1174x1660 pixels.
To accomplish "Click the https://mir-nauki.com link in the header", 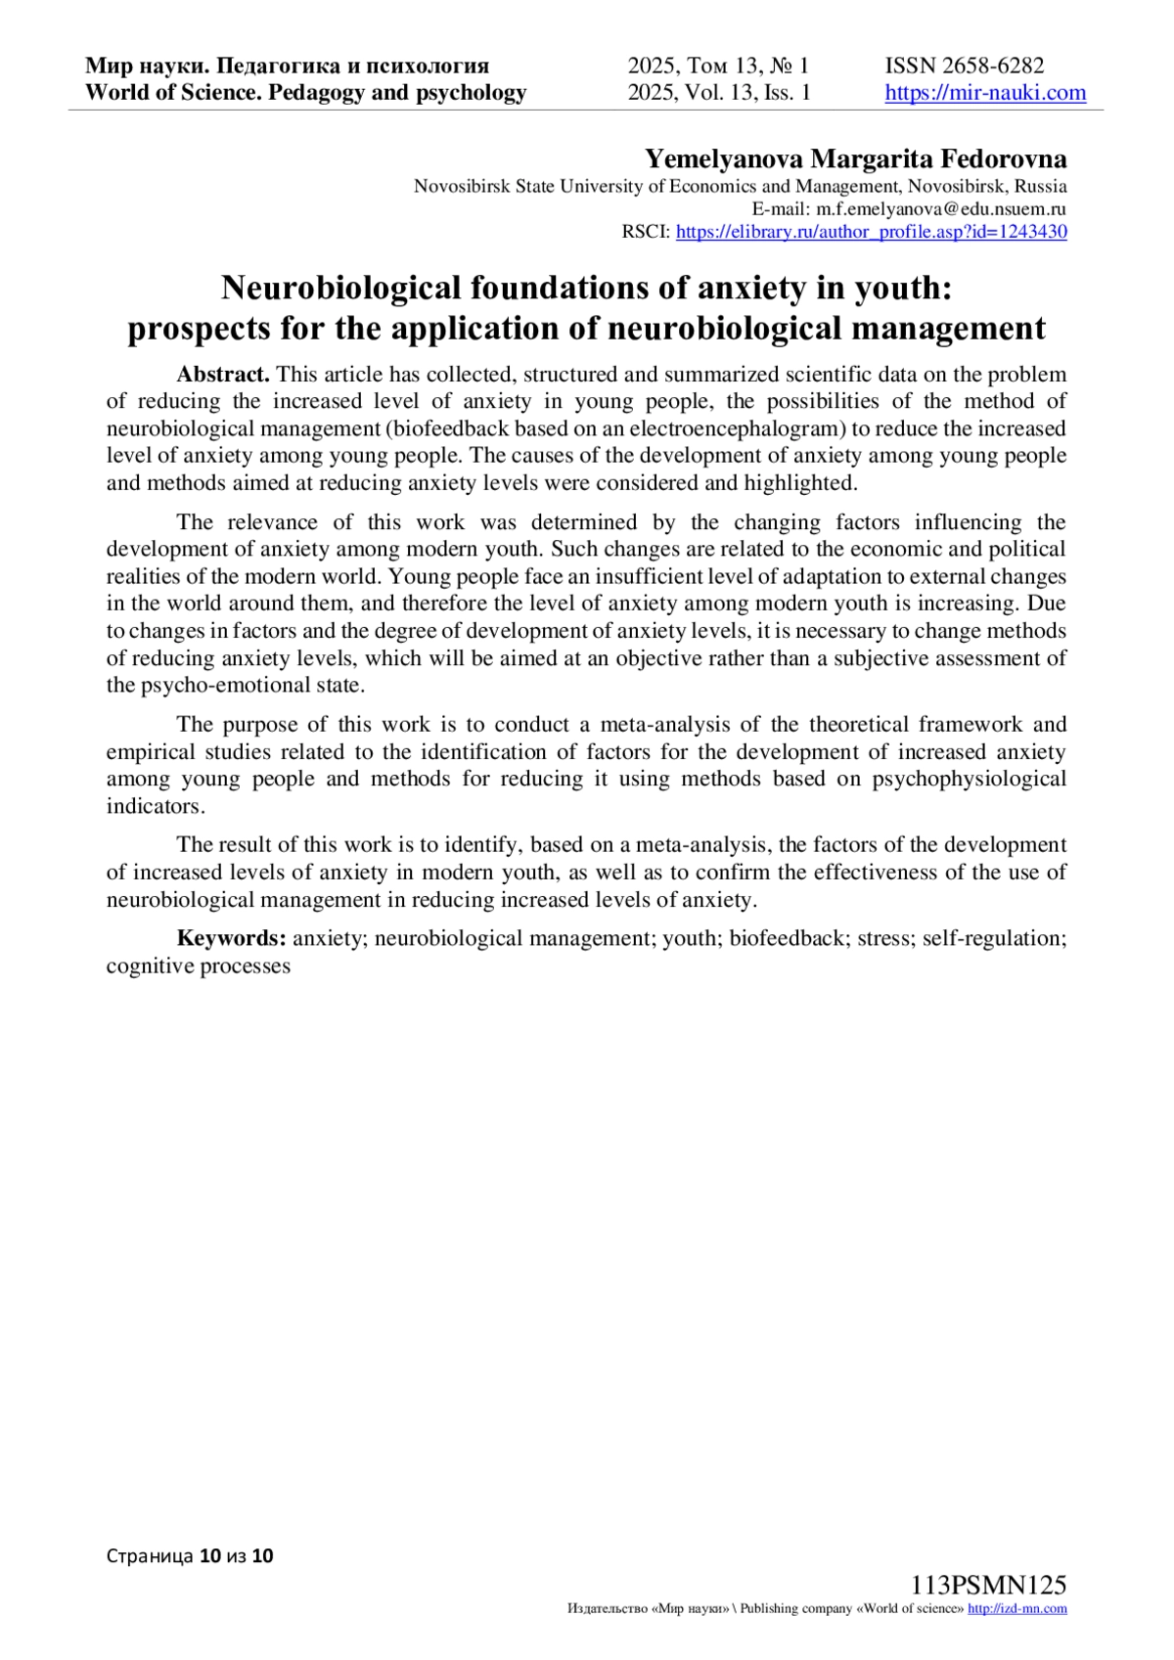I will click(x=985, y=93).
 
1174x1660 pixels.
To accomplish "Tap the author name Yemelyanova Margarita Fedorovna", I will click(x=855, y=158).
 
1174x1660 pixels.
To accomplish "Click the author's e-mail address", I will click(x=941, y=208).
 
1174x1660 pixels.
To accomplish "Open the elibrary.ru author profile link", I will click(x=871, y=232).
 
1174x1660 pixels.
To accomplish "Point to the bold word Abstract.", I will click(x=222, y=375).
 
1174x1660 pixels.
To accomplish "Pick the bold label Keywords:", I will click(x=231, y=938).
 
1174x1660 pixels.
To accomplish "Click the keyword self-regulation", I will click(x=994, y=938).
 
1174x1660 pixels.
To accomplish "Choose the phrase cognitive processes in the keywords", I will click(x=199, y=965).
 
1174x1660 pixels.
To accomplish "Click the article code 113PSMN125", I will click(x=988, y=1586).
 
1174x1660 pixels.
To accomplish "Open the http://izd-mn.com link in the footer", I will click(x=1016, y=1609).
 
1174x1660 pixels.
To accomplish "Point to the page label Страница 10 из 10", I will click(x=190, y=1555).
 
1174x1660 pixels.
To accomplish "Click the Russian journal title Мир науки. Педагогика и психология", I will click(x=287, y=66).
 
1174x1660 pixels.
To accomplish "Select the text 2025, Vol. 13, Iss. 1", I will click(x=719, y=93).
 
